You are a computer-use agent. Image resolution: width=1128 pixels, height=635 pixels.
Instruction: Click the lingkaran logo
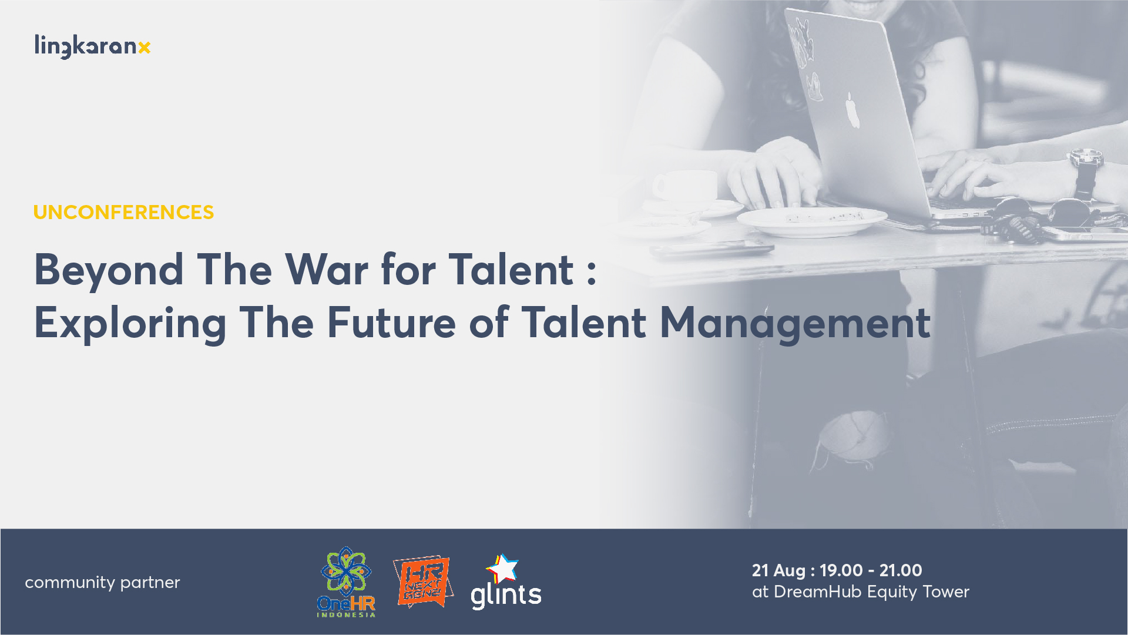click(x=92, y=46)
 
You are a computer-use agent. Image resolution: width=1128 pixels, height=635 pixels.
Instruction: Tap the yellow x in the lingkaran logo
click(x=145, y=48)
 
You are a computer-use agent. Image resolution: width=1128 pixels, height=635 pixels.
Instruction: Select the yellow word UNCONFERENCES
click(x=123, y=212)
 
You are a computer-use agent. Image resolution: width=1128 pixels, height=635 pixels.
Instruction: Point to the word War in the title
click(x=327, y=270)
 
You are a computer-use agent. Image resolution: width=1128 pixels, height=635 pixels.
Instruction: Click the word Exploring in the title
click(x=130, y=324)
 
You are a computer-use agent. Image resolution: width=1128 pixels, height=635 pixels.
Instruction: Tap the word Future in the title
click(x=391, y=322)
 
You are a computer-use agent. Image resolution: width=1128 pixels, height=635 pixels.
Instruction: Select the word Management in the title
click(x=795, y=324)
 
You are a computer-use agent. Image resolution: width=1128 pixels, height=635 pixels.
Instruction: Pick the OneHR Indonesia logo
click(x=346, y=582)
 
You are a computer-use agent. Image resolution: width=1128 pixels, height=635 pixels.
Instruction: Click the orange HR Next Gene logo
click(x=423, y=582)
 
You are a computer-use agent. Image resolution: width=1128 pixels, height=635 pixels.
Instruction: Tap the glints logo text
click(x=506, y=595)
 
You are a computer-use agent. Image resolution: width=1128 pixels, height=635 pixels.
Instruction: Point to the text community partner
click(x=102, y=583)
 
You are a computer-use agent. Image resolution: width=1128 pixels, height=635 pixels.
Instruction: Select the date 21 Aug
click(x=778, y=570)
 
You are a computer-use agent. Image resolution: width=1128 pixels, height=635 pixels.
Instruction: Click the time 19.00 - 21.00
click(x=871, y=570)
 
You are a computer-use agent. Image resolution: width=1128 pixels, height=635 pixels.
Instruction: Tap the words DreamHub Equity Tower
click(x=871, y=592)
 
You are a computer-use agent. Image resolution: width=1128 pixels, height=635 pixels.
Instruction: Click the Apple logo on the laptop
click(x=852, y=110)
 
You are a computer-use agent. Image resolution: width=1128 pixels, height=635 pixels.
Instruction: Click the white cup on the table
click(x=685, y=187)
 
